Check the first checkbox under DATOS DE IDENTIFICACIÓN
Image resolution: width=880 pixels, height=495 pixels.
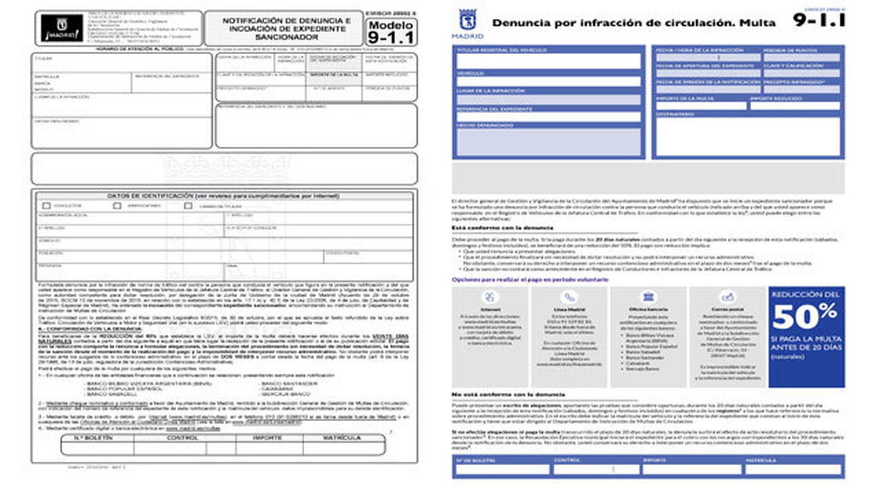point(46,205)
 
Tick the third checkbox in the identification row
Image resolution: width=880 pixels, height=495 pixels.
point(188,205)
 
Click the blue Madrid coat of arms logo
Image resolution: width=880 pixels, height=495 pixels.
point(467,19)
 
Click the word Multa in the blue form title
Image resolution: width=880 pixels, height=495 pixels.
point(757,22)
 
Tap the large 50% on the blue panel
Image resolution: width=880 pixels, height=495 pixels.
point(805,316)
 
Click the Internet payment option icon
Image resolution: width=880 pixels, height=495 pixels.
point(490,297)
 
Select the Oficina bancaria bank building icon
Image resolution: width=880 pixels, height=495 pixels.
point(649,297)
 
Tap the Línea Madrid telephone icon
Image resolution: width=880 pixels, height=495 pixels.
point(569,297)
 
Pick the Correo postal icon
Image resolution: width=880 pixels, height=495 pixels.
point(728,297)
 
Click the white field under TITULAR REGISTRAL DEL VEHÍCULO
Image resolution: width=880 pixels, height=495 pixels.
point(548,62)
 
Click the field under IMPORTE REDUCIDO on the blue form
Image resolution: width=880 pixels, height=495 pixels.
point(795,106)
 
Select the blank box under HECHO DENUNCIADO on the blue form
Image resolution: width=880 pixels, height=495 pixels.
point(548,142)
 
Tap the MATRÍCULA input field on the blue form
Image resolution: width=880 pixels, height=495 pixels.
point(793,469)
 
